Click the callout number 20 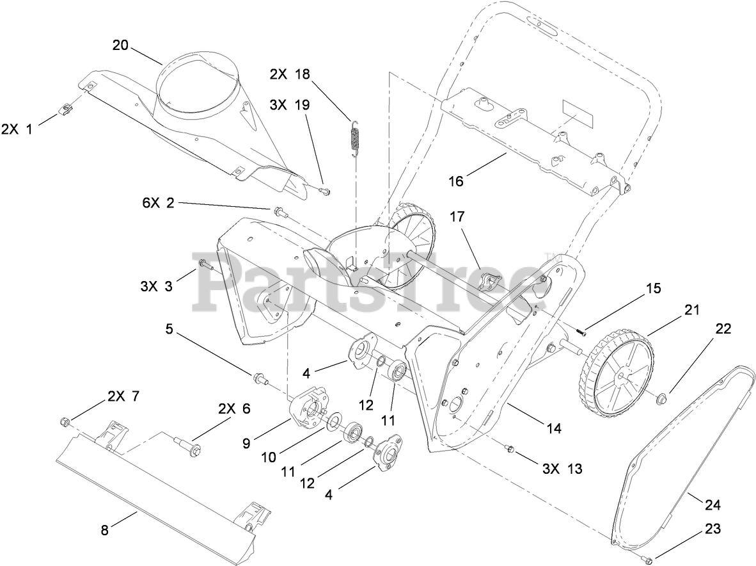(120, 45)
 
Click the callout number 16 (456, 181)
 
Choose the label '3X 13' (562, 469)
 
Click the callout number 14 (554, 428)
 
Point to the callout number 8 (105, 530)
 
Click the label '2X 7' (125, 396)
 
